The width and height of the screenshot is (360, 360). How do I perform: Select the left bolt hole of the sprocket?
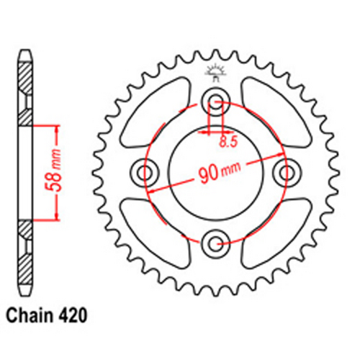pos(145,171)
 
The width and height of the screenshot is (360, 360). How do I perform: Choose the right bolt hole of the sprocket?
pos(288,171)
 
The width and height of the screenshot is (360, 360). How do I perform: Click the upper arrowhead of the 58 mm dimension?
pos(53,127)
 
